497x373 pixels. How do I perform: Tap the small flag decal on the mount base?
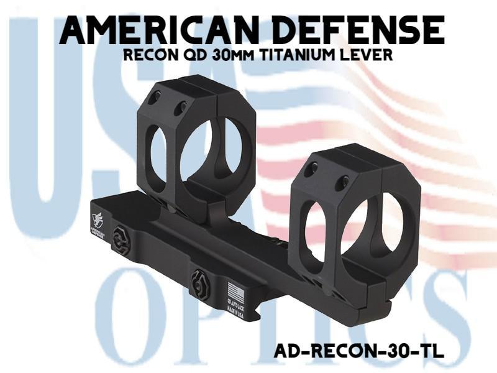(234, 290)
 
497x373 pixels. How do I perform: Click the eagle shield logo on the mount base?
(99, 218)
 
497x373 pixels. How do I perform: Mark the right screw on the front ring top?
(341, 183)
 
